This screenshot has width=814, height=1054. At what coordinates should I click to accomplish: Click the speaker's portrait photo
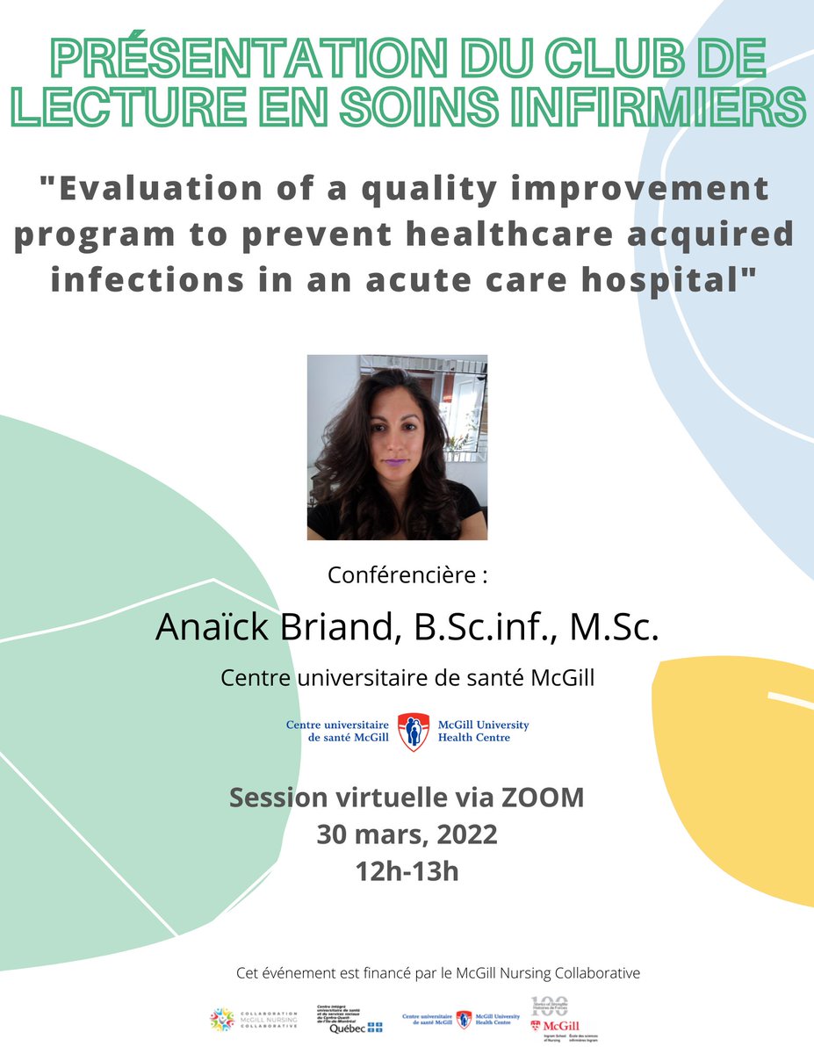click(397, 447)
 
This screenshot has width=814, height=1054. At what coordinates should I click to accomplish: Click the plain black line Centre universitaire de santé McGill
click(407, 677)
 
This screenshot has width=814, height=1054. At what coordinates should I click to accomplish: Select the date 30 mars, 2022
click(407, 834)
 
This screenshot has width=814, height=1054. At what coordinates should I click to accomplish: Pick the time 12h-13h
click(407, 871)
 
